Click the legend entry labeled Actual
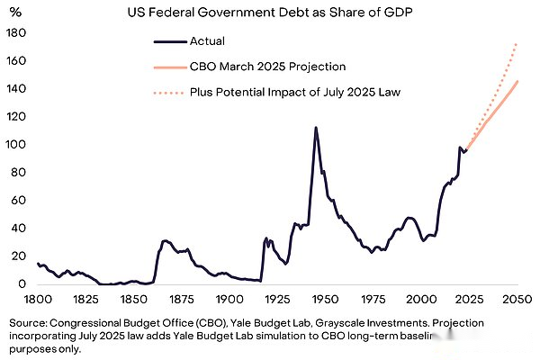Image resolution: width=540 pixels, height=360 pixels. pyautogui.click(x=206, y=40)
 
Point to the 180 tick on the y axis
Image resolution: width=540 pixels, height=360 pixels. pyautogui.click(x=16, y=32)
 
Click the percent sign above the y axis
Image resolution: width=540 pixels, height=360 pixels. pyautogui.click(x=15, y=10)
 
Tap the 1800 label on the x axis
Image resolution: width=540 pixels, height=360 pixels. pyautogui.click(x=38, y=299)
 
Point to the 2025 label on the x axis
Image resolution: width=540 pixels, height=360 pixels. pyautogui.click(x=468, y=299)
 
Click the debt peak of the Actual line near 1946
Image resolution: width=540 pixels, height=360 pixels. pyautogui.click(x=316, y=128)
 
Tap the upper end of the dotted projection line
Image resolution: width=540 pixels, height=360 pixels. pyautogui.click(x=517, y=42)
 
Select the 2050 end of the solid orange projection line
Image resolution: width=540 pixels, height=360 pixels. pyautogui.click(x=517, y=82)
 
